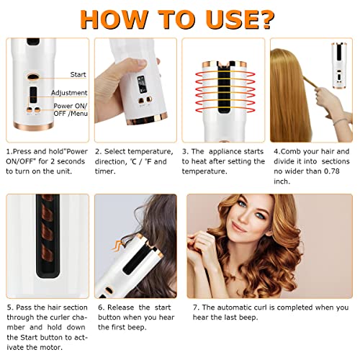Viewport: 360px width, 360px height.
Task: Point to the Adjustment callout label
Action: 70,93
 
